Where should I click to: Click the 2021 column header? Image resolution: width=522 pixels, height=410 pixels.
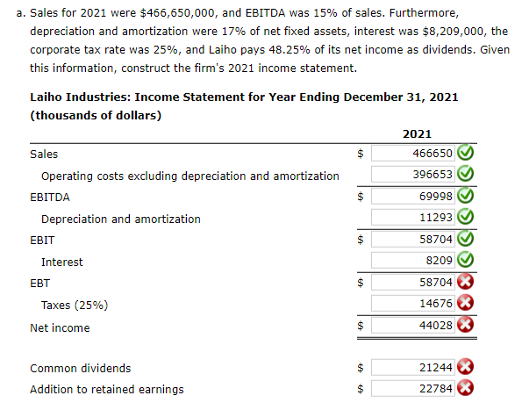(x=416, y=133)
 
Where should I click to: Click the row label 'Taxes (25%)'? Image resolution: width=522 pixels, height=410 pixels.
(x=75, y=306)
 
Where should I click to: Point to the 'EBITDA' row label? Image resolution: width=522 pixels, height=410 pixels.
(x=50, y=198)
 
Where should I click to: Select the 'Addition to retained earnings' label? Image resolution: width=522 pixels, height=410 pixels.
(x=107, y=389)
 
